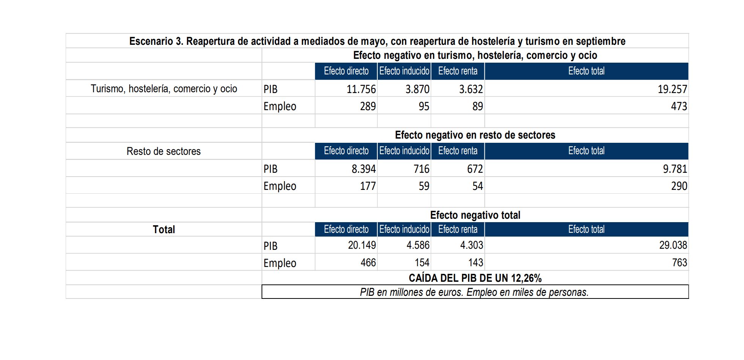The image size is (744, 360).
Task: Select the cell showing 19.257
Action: pyautogui.click(x=672, y=89)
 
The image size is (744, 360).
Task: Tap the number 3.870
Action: pyautogui.click(x=417, y=89)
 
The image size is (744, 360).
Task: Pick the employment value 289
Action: pyautogui.click(x=367, y=106)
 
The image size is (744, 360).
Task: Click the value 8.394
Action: pyautogui.click(x=363, y=169)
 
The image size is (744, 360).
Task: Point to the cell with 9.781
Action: pyautogui.click(x=675, y=169)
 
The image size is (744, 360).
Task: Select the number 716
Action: pyautogui.click(x=421, y=169)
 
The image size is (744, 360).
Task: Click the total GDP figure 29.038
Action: pyautogui.click(x=673, y=245)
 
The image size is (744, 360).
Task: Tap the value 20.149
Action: pyautogui.click(x=362, y=245)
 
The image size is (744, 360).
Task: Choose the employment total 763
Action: pyautogui.click(x=679, y=263)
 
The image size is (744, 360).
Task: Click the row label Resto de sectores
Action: pyautogui.click(x=164, y=151)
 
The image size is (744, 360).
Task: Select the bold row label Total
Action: pyautogui.click(x=164, y=229)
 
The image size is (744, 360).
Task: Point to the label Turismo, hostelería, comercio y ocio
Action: pyautogui.click(x=164, y=89)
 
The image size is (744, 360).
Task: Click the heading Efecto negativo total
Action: pyautogui.click(x=475, y=215)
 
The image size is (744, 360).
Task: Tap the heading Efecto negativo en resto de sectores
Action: pyautogui.click(x=475, y=135)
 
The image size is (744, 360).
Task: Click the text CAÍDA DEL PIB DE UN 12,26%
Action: pyautogui.click(x=475, y=278)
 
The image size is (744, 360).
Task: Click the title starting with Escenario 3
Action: pyautogui.click(x=377, y=41)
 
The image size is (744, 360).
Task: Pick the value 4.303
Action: pyautogui.click(x=471, y=245)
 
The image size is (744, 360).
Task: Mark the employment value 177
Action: pyautogui.click(x=367, y=186)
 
